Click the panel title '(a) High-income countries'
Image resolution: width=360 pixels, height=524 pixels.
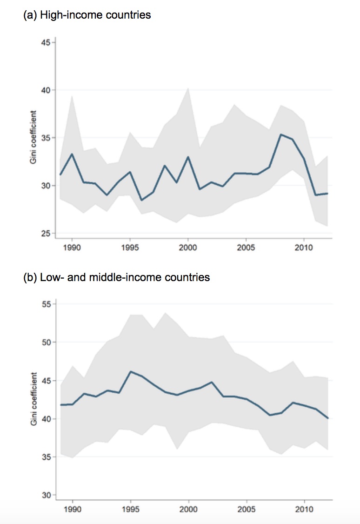[x=87, y=15]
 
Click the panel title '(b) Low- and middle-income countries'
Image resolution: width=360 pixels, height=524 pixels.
[x=116, y=277]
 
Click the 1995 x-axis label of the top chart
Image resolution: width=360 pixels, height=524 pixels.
[x=130, y=247]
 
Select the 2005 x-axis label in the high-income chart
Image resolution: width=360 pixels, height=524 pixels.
[x=246, y=247]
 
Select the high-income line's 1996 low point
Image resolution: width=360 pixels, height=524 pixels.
[x=142, y=200]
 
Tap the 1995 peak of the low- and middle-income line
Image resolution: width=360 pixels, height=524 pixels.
[x=130, y=371]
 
